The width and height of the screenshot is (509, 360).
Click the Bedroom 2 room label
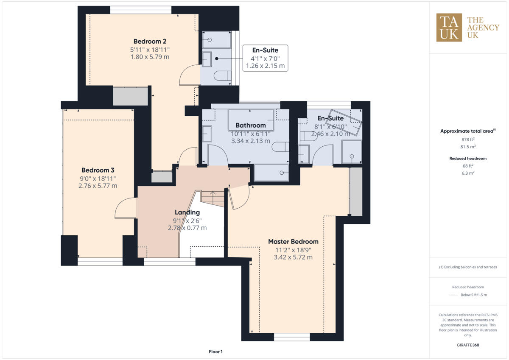(150, 42)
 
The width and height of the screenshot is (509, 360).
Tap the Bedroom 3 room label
(98, 170)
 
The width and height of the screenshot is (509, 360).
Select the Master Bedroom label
(293, 242)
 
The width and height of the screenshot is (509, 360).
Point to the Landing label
(187, 212)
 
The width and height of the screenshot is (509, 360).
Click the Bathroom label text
(251, 126)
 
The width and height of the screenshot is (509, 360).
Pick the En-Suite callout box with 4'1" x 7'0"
(265, 59)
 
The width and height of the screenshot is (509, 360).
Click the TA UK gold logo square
(449, 28)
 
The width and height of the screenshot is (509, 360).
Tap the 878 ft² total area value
(468, 140)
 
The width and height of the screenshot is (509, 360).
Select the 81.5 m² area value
(468, 147)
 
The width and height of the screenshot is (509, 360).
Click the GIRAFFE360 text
(468, 345)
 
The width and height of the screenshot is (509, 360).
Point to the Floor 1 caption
(215, 352)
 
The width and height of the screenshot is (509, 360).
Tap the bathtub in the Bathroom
(251, 120)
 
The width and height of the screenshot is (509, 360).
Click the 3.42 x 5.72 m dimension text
(293, 257)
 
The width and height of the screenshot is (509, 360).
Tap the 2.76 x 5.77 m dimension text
(98, 186)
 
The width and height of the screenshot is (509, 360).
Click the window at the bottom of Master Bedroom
(292, 337)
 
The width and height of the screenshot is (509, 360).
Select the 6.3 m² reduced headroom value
(468, 173)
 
